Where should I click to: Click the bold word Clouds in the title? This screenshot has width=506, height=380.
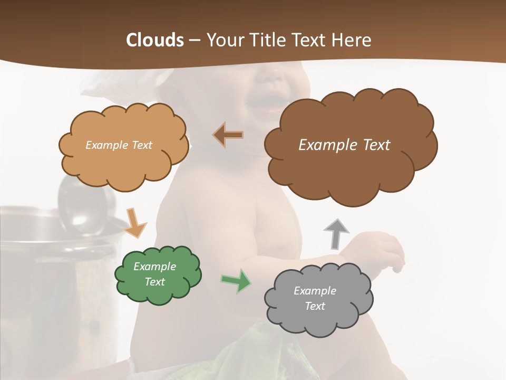pos(155,40)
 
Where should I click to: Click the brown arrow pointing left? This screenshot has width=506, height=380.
pos(228,135)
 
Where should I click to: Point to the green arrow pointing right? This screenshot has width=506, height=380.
pos(236,281)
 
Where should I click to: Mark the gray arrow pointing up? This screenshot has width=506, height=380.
pos(336,233)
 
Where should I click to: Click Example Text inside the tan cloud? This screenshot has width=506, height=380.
pos(119,145)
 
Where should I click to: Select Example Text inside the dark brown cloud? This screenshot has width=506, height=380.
pos(344,145)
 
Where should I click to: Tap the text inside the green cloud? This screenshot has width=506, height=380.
pos(154,274)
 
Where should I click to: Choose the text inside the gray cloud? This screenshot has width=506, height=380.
pos(315,298)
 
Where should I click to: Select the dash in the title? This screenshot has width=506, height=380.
pos(194,41)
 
